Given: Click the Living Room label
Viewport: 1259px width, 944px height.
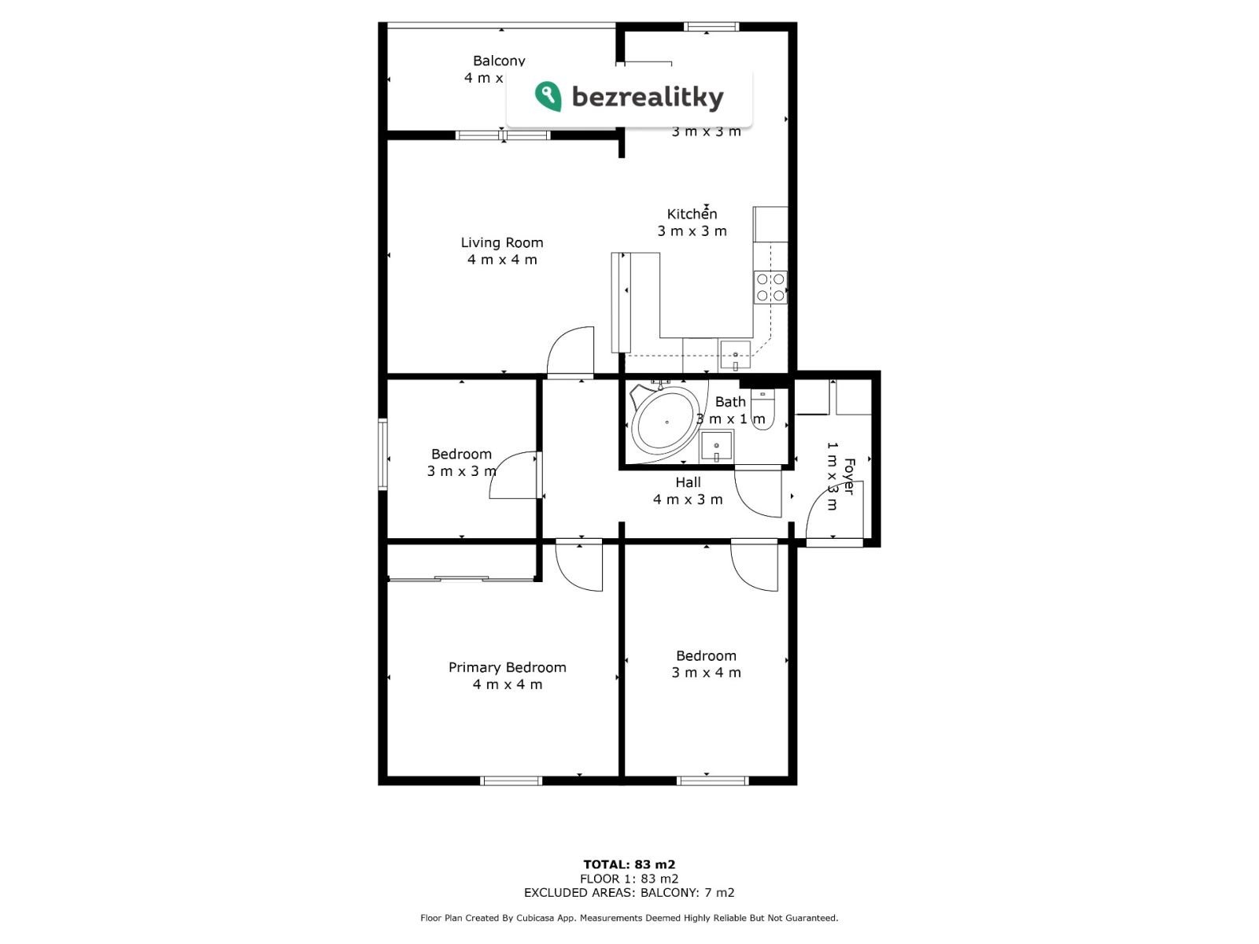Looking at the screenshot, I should pyautogui.click(x=502, y=242).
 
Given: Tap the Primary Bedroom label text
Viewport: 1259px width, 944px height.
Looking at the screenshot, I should pyautogui.click(x=507, y=667).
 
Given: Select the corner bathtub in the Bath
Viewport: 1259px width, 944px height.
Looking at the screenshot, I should pyautogui.click(x=664, y=421).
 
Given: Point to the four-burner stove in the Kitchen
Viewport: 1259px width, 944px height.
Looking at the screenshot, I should pyautogui.click(x=770, y=287).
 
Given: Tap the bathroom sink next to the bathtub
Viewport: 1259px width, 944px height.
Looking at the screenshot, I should pyautogui.click(x=716, y=447).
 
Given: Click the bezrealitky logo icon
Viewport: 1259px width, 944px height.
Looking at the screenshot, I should pyautogui.click(x=548, y=97).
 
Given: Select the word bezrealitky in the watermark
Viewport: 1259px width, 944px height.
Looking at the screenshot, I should pyautogui.click(x=647, y=98).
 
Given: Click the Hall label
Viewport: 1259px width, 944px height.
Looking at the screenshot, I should pyautogui.click(x=688, y=482).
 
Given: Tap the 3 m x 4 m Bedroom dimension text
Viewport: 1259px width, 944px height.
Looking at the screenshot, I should pyautogui.click(x=706, y=673).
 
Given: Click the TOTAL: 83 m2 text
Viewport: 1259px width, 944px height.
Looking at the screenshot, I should pyautogui.click(x=629, y=865).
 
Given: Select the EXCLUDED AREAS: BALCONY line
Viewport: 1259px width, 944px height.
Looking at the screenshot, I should pyautogui.click(x=629, y=892).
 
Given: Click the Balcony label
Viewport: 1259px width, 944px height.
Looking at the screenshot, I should pyautogui.click(x=499, y=61).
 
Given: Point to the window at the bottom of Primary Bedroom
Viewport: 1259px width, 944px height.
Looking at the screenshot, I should pyautogui.click(x=511, y=780).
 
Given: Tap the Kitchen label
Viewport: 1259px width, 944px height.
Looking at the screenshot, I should pyautogui.click(x=692, y=214).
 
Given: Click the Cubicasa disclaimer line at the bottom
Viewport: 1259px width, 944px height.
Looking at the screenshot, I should pyautogui.click(x=629, y=917).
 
